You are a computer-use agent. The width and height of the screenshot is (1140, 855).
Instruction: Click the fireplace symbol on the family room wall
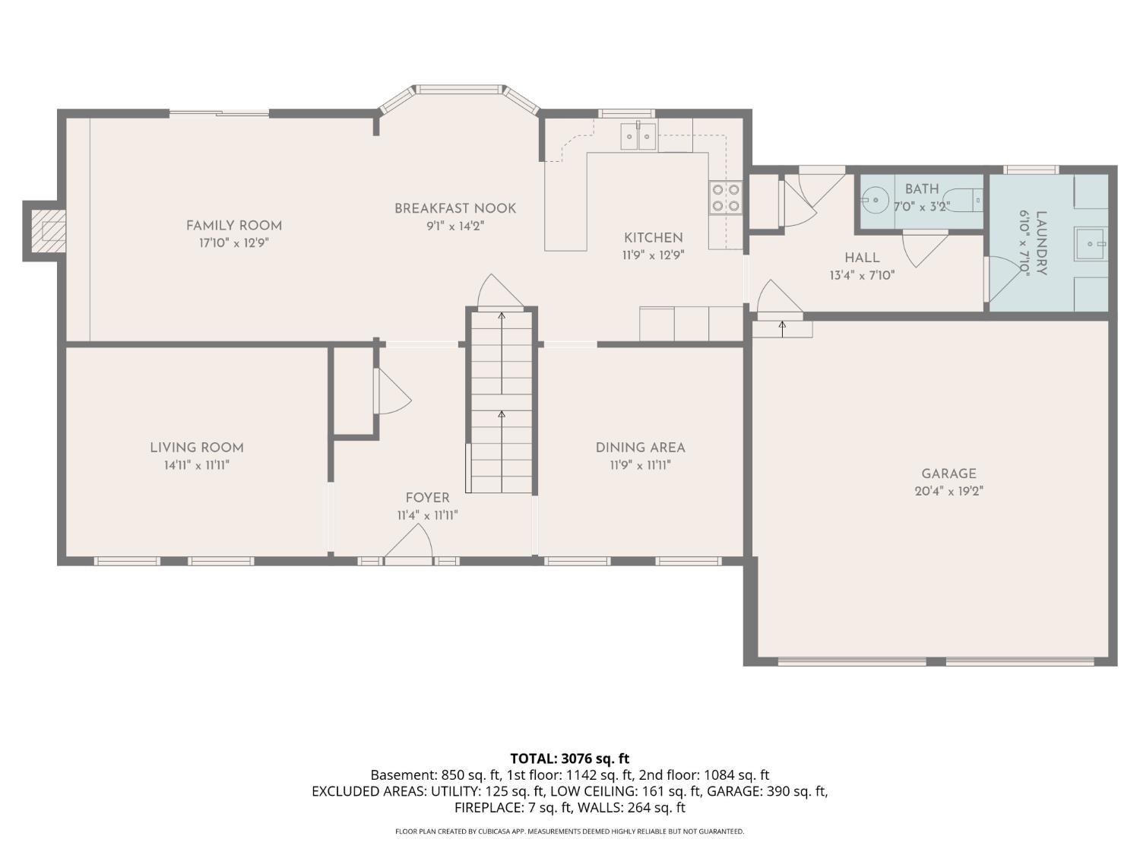(x=48, y=231)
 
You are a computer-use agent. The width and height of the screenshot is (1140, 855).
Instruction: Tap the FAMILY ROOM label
(x=234, y=226)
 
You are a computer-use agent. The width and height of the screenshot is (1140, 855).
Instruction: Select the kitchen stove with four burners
(x=725, y=198)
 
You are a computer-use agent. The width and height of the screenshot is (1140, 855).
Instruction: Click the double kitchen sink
(x=638, y=138)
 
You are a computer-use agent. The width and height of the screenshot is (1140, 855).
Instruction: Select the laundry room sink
(x=1091, y=244)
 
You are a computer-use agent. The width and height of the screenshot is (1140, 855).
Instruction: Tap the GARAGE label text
(x=948, y=473)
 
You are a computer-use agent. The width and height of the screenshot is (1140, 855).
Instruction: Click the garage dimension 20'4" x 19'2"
(x=948, y=492)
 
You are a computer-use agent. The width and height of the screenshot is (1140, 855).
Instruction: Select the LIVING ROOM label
(x=197, y=448)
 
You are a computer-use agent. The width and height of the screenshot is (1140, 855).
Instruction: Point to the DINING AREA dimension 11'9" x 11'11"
(x=640, y=466)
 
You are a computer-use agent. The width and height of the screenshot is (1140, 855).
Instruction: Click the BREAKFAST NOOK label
(x=455, y=208)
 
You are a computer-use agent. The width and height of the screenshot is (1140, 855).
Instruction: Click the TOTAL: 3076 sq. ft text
(x=569, y=758)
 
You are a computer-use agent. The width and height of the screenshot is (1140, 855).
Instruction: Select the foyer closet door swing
(x=392, y=392)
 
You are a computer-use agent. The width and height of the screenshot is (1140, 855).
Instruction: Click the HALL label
(x=862, y=258)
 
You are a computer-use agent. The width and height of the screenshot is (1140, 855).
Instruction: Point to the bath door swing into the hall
(x=924, y=248)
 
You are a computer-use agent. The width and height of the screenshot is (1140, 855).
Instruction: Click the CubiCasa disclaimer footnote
(x=569, y=831)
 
